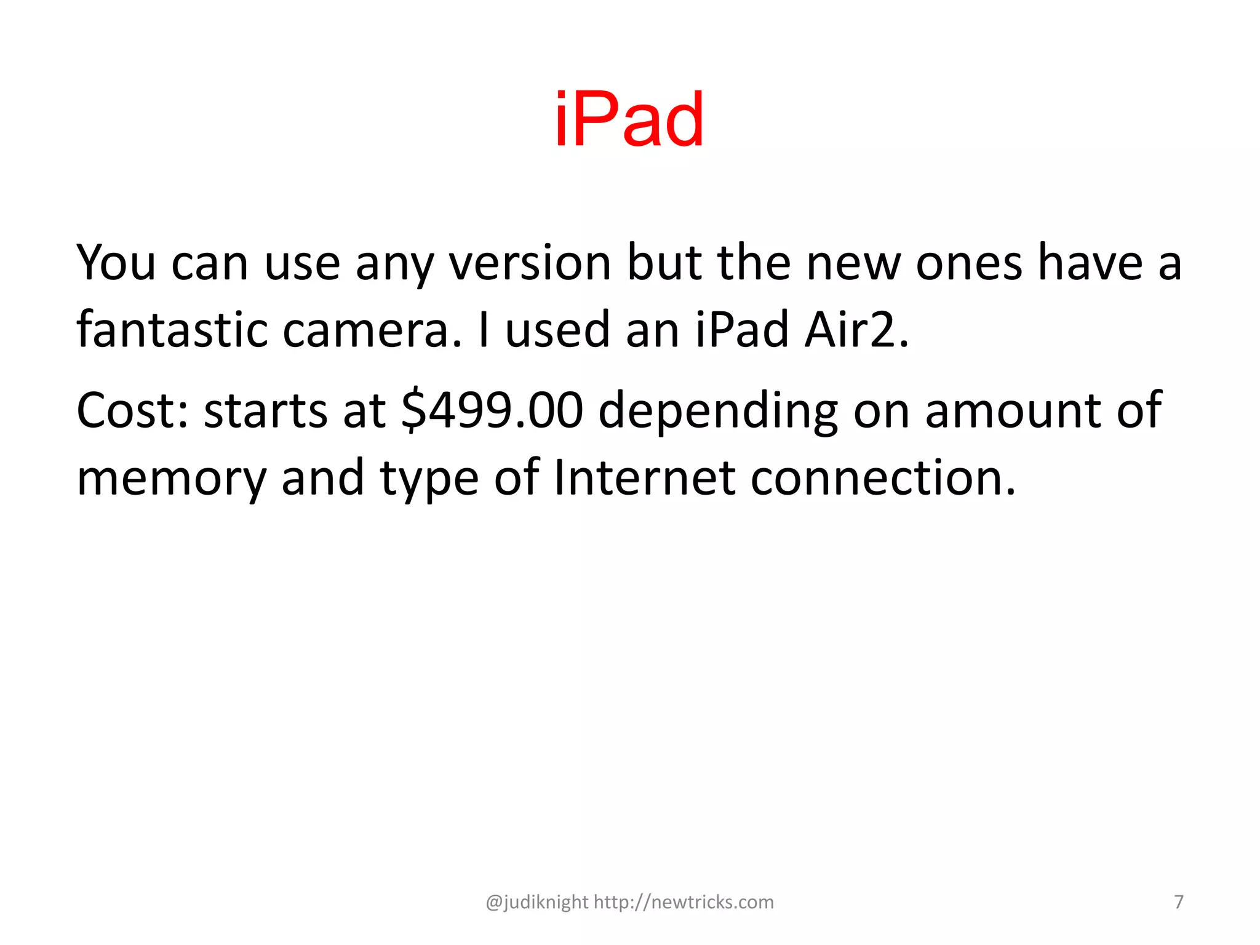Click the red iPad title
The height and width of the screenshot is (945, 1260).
pos(629,119)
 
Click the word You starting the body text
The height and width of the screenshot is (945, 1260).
pos(116,263)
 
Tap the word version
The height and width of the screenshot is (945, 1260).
pos(530,263)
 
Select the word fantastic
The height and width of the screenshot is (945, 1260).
pos(172,330)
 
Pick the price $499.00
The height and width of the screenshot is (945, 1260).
pos(492,410)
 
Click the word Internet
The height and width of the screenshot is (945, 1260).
pos(644,477)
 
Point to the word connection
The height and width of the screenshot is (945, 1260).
pos(883,477)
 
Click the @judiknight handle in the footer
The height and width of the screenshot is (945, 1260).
pos(537,902)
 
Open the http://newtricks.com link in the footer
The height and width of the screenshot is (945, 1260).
pos(684,902)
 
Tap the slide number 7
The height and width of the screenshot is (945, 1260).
pos(1179,902)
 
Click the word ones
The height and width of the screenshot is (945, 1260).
pos(969,263)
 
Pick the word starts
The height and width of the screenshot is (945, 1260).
pos(265,410)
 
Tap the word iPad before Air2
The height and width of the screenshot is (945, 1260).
pos(742,330)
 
